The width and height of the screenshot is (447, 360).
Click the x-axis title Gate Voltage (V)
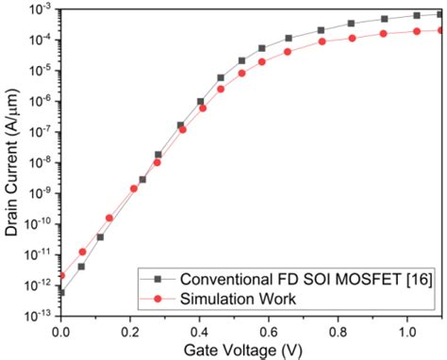tap(251, 350)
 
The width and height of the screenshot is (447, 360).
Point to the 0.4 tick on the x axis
tap(199, 333)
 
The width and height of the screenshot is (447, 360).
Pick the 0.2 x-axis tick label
tap(129, 333)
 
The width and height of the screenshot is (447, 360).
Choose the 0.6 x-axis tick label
tap(268, 333)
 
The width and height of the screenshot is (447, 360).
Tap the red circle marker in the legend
tap(161, 299)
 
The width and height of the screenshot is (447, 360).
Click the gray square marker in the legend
tap(161, 280)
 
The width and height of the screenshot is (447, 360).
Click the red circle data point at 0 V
tap(60, 275)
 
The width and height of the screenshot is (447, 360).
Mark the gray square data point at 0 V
tap(60, 292)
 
